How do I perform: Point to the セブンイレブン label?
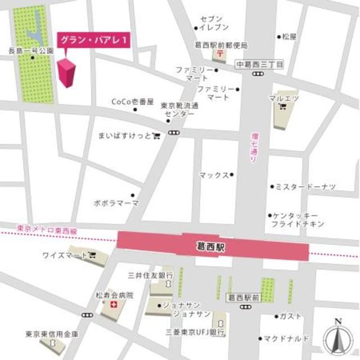(214, 24)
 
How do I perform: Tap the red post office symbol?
(218, 55)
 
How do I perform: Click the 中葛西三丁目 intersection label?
(259, 64)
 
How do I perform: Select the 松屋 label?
(289, 37)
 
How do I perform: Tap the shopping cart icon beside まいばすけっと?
(156, 135)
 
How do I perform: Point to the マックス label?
(214, 175)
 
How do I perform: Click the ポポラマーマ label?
(116, 203)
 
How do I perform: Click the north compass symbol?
(337, 336)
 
